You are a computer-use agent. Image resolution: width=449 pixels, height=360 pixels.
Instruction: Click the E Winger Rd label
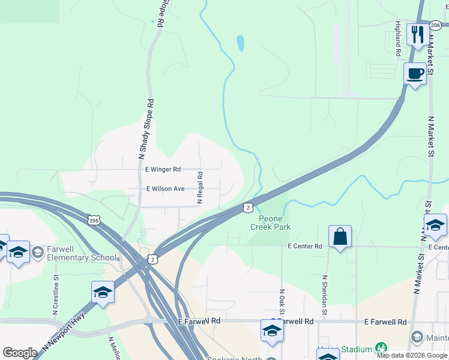[163, 170]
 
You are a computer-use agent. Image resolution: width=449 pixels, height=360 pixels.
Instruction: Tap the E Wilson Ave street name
[166, 188]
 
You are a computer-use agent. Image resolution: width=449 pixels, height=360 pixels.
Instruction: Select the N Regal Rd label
[200, 188]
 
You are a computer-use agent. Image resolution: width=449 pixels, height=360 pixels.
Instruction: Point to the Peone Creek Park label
[270, 223]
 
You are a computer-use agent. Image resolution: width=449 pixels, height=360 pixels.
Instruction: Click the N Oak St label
[281, 303]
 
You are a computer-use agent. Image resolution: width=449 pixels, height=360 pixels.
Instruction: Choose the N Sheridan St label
[324, 295]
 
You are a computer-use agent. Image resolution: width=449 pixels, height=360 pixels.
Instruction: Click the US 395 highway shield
[94, 220]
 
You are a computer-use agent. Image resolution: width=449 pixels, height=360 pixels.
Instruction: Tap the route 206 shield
[436, 25]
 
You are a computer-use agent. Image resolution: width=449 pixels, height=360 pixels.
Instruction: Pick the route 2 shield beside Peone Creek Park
[248, 207]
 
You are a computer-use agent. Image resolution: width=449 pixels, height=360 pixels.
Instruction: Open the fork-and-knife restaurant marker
[416, 34]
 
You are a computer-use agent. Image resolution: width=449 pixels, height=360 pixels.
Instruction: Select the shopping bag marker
[340, 236]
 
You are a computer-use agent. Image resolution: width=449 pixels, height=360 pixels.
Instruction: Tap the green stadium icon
[380, 348]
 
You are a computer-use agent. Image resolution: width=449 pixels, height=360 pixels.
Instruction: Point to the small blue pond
[241, 43]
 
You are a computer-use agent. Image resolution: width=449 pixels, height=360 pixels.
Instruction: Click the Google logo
[20, 353]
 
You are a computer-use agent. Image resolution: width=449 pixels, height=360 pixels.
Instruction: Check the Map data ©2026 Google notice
[412, 355]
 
